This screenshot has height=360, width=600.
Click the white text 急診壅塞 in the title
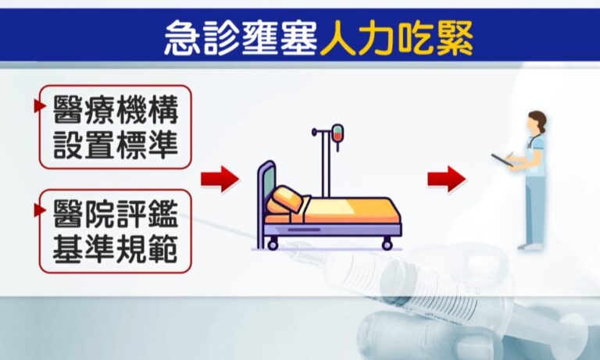tap(241, 38)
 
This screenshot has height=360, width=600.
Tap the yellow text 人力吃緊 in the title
tap(397, 38)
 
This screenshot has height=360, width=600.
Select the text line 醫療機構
tap(116, 110)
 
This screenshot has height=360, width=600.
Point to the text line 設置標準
tap(116, 145)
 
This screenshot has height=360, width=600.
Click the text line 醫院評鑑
tap(116, 214)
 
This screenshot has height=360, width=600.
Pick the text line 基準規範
tap(116, 249)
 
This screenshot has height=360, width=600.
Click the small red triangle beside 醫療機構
tap(39, 106)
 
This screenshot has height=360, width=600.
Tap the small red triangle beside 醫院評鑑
tap(39, 210)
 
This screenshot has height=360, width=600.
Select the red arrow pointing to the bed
tap(220, 179)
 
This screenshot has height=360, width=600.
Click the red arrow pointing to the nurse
tap(447, 179)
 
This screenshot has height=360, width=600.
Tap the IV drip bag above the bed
tap(337, 134)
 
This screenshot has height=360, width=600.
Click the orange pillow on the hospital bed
tap(287, 200)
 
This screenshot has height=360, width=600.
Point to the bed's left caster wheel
tap(273, 244)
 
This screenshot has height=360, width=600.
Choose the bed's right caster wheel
tap(387, 244)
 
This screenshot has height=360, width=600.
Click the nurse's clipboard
tap(502, 160)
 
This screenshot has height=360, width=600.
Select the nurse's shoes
tap(530, 247)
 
